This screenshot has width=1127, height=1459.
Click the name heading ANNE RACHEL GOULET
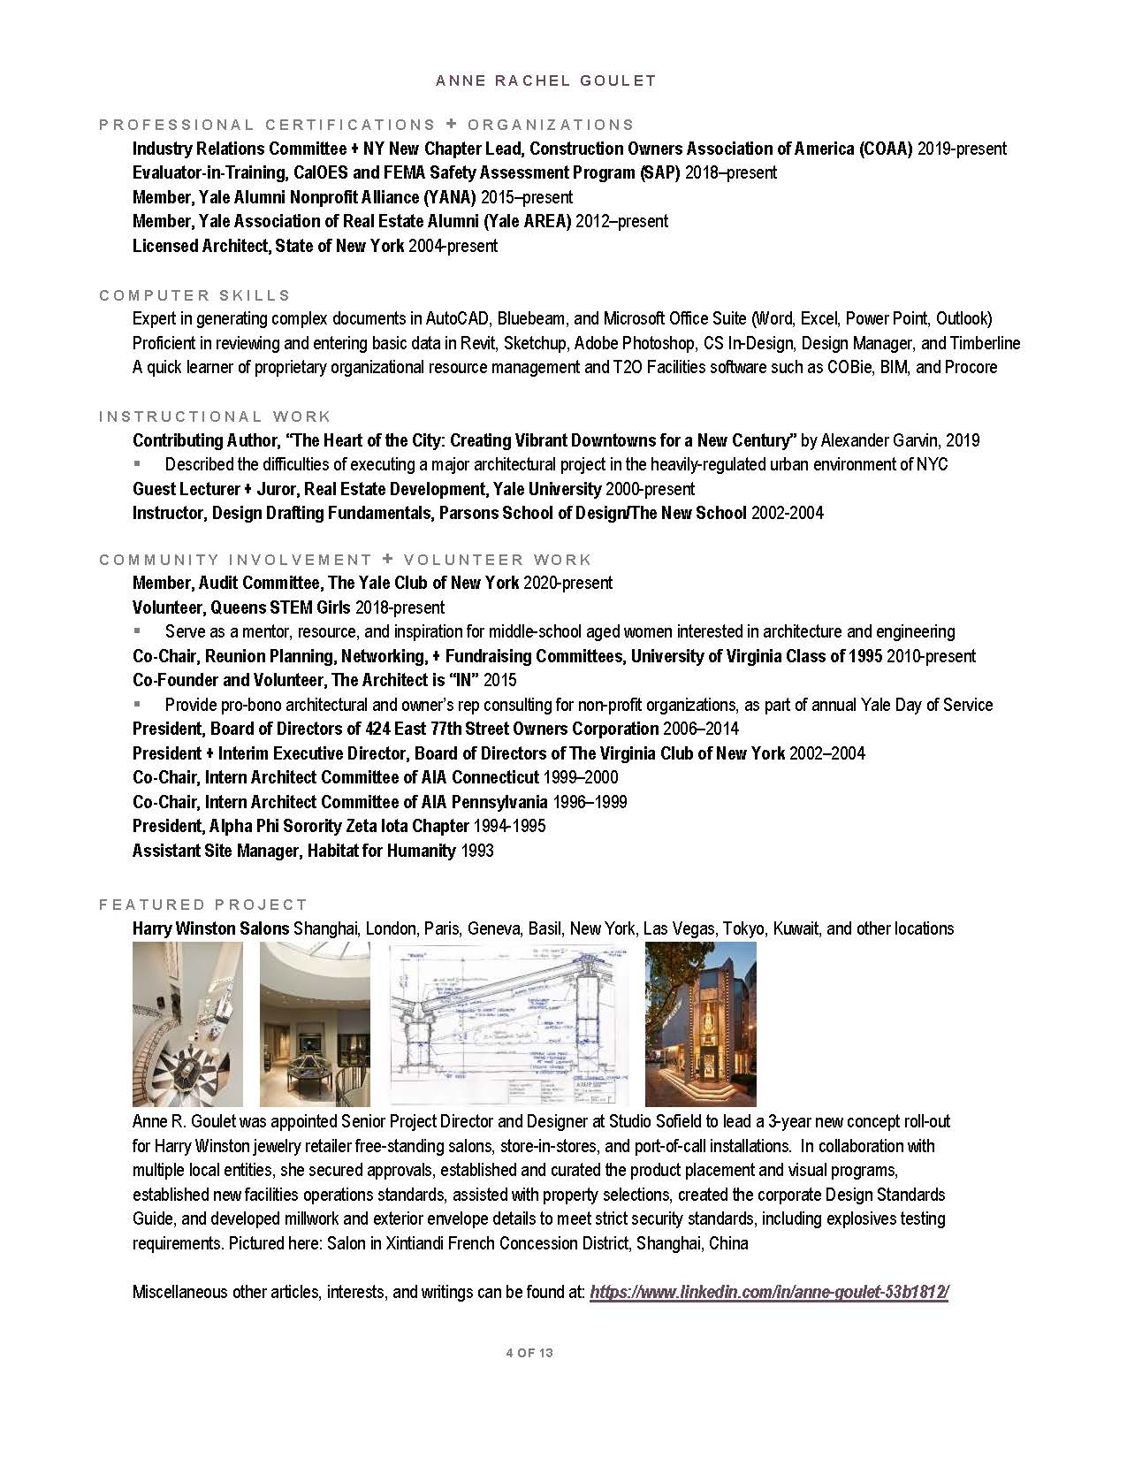(x=545, y=80)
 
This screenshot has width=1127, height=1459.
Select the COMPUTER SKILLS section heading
(x=194, y=295)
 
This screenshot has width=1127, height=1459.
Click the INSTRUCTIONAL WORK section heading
(x=215, y=416)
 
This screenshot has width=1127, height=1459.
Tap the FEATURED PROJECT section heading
(x=203, y=905)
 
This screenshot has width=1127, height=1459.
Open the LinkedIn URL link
(x=769, y=1292)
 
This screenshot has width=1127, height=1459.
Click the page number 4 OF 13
(x=529, y=1353)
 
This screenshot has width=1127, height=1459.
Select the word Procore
(x=971, y=367)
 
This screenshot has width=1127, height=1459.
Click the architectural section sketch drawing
(x=509, y=1024)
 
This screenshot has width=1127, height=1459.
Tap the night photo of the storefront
(x=700, y=1024)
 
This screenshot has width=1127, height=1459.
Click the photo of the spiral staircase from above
(x=187, y=1024)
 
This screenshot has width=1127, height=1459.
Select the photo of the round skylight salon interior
(x=315, y=1024)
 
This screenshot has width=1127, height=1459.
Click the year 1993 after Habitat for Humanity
(x=477, y=851)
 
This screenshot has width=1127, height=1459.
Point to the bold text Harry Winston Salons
(x=210, y=928)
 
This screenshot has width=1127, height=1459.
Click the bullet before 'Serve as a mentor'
(x=137, y=631)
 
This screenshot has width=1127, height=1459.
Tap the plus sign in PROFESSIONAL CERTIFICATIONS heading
(x=451, y=125)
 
